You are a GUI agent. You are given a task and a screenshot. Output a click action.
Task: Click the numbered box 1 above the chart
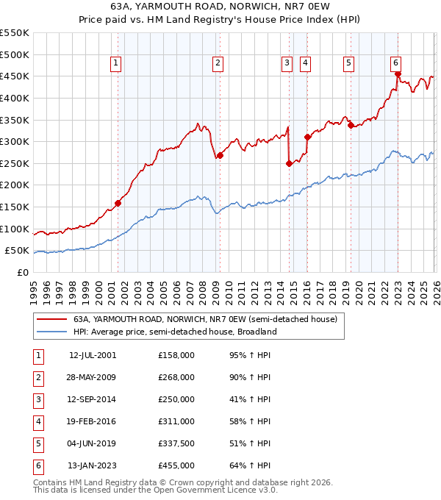116,64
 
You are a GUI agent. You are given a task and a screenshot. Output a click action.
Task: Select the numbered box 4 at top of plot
304,64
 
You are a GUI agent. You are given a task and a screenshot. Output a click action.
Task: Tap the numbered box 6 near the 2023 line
395,64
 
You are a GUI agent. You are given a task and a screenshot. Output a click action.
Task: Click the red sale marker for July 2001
118,203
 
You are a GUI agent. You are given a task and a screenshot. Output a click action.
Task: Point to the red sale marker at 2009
220,155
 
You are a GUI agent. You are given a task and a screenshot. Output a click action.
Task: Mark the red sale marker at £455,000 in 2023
398,74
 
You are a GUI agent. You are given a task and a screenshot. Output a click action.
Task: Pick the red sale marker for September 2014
289,163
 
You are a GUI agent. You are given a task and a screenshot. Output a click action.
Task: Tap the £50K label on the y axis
17,251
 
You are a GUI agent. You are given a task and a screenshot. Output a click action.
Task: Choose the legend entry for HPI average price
174,332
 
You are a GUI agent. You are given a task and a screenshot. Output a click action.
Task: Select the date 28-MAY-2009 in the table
93,377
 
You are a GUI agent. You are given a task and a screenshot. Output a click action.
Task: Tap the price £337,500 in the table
176,443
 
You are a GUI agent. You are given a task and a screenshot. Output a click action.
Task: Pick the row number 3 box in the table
37,399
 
